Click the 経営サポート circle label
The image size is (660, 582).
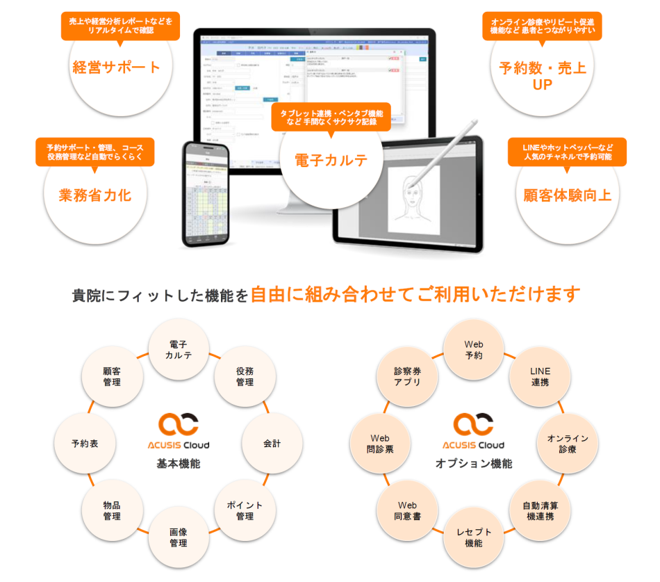[x=116, y=67]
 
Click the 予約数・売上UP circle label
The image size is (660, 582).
[x=542, y=76]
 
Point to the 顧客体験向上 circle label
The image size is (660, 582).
[x=567, y=195]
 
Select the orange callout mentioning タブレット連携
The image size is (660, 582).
[x=331, y=117]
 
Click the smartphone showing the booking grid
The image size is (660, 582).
[x=206, y=194]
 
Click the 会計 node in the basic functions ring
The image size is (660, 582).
[x=272, y=443]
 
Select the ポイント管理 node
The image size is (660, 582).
[x=245, y=510]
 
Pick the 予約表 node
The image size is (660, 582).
[x=84, y=443]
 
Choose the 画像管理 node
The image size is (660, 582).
[x=179, y=537]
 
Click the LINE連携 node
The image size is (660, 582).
[x=540, y=376]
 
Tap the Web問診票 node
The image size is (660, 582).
[x=379, y=443]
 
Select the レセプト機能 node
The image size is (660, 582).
[x=474, y=537]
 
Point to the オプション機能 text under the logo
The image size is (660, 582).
[x=474, y=463]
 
